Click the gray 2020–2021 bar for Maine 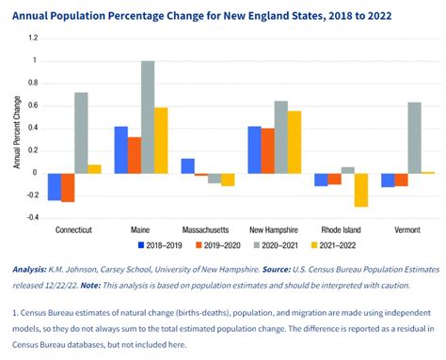point(147,117)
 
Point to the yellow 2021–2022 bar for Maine point(161,140)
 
